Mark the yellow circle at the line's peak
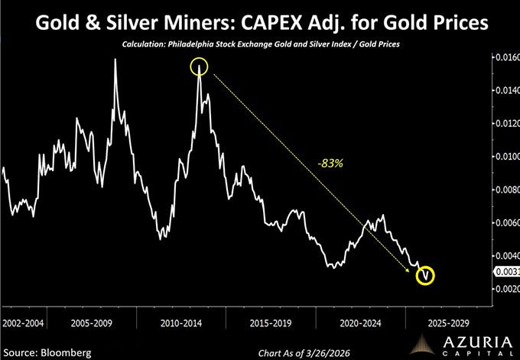tap(200, 67)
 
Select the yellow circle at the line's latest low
tap(425, 274)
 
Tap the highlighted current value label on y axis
tap(507, 271)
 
